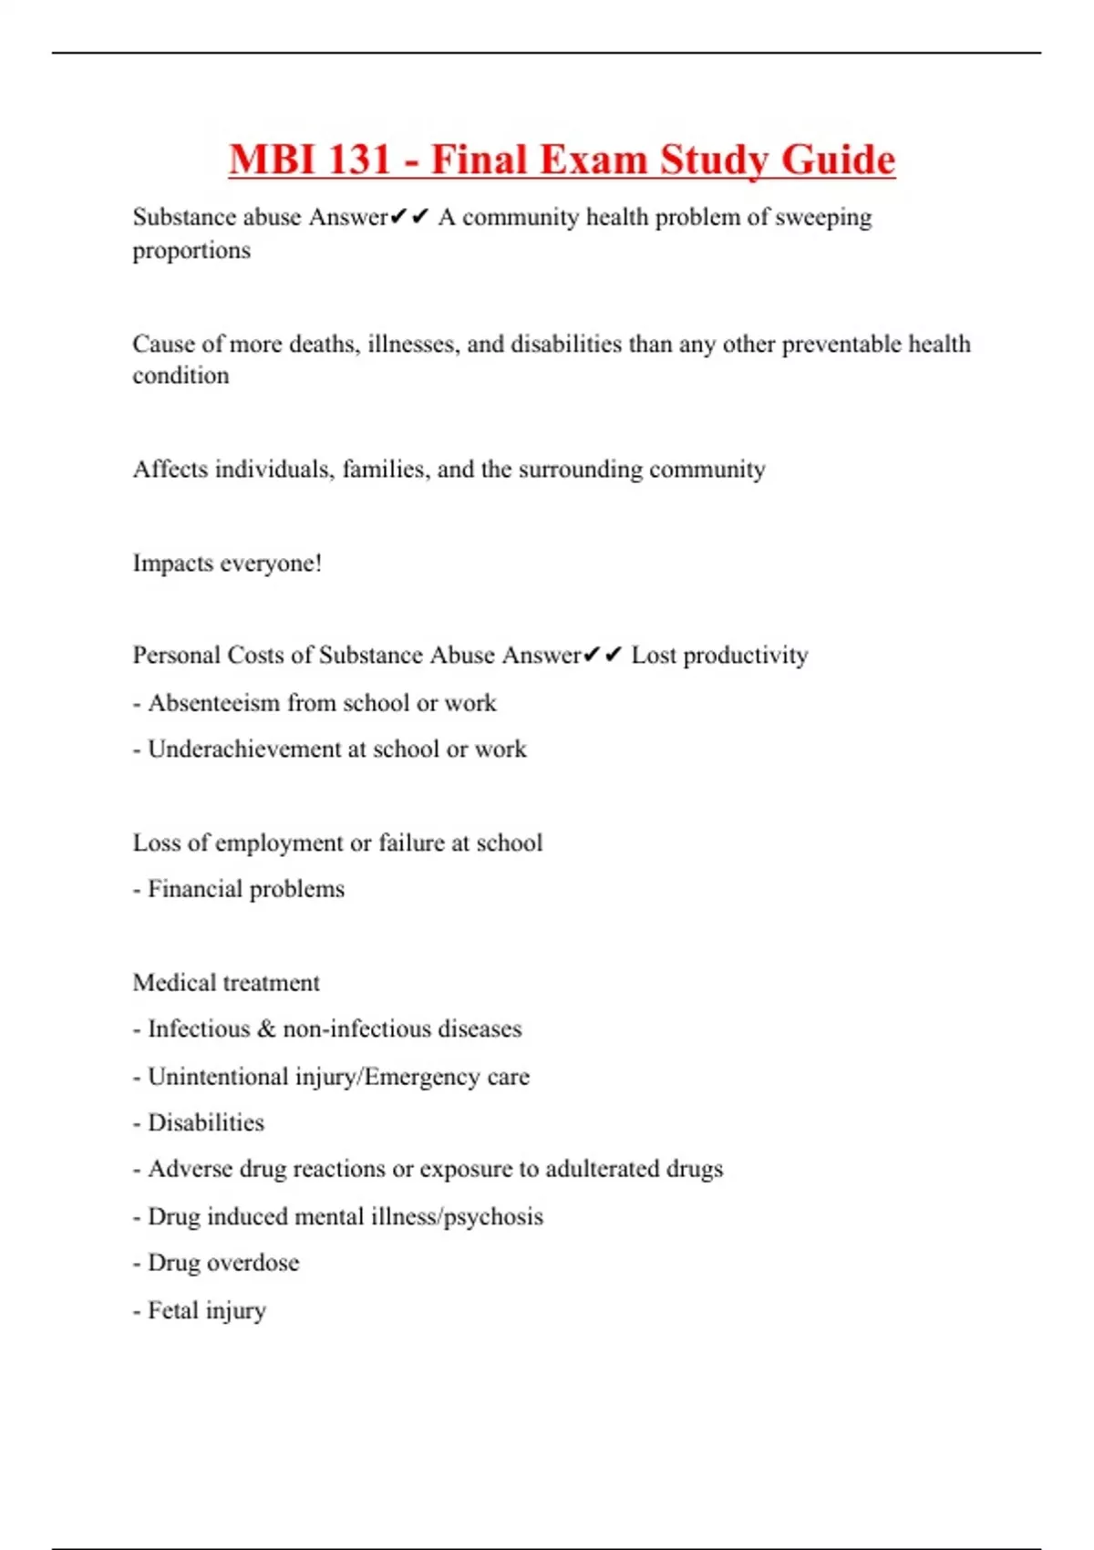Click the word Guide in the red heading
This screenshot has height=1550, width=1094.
[838, 160]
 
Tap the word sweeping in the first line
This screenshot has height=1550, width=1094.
[823, 217]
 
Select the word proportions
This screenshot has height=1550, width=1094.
[191, 251]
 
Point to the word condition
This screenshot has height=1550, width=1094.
[181, 376]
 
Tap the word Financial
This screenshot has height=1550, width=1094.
[194, 889]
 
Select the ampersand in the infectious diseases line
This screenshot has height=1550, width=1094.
[266, 1029]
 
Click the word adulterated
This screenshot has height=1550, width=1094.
[602, 1169]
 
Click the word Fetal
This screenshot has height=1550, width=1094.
[172, 1310]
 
